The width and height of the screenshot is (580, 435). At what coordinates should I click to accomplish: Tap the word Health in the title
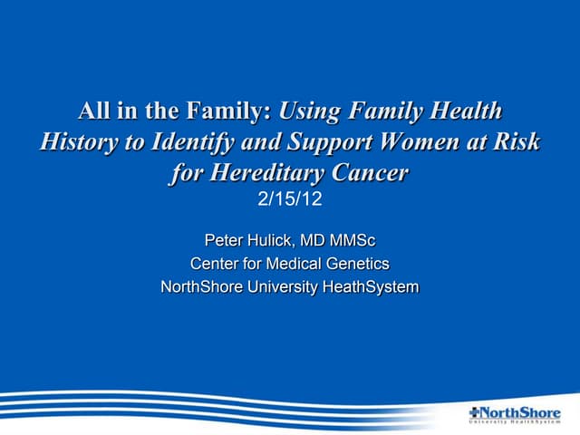(x=461, y=112)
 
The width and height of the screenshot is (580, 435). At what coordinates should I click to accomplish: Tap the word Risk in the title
(x=516, y=142)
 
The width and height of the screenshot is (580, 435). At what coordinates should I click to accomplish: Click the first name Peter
(x=223, y=240)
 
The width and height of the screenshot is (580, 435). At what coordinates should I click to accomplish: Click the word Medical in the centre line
(x=290, y=264)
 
